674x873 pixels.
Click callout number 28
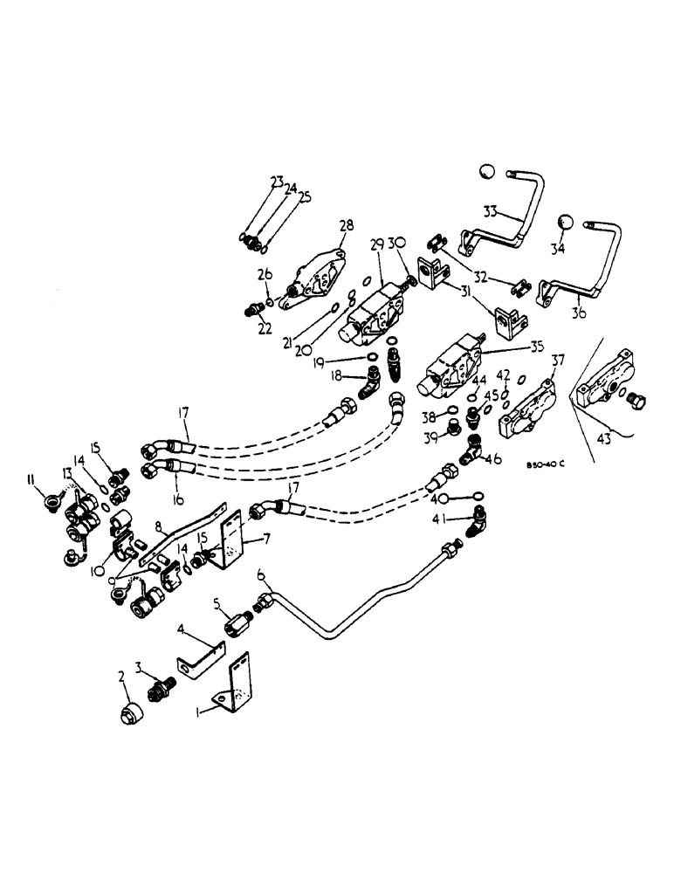click(347, 226)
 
